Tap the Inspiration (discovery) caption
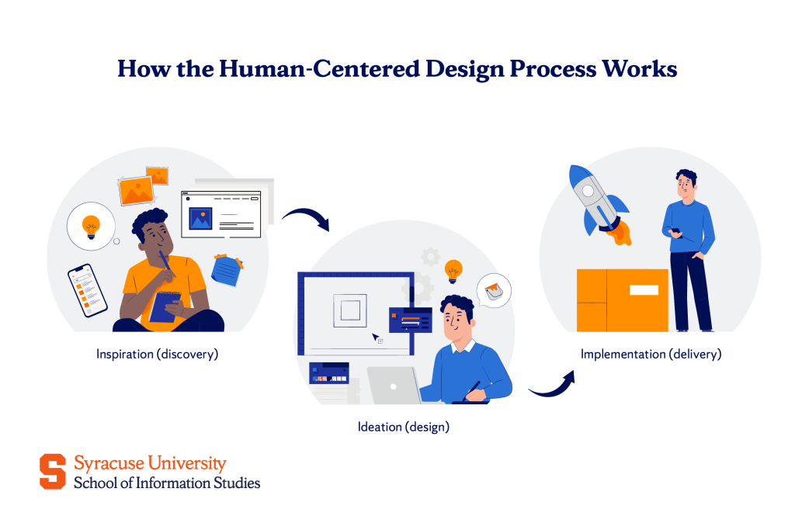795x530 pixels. pyautogui.click(x=158, y=354)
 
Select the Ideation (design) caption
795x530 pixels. pyautogui.click(x=403, y=426)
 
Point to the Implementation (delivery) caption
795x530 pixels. pyautogui.click(x=651, y=354)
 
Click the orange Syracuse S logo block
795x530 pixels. pyautogui.click(x=53, y=472)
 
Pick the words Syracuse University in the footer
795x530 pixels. pyautogui.click(x=150, y=463)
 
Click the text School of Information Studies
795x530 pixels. pyautogui.click(x=167, y=483)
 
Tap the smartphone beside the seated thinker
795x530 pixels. pyautogui.click(x=86, y=289)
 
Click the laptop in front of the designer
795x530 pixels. pyautogui.click(x=394, y=385)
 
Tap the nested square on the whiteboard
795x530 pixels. pyautogui.click(x=349, y=310)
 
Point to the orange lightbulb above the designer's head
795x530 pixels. pyautogui.click(x=453, y=271)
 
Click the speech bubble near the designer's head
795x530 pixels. pyautogui.click(x=494, y=291)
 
